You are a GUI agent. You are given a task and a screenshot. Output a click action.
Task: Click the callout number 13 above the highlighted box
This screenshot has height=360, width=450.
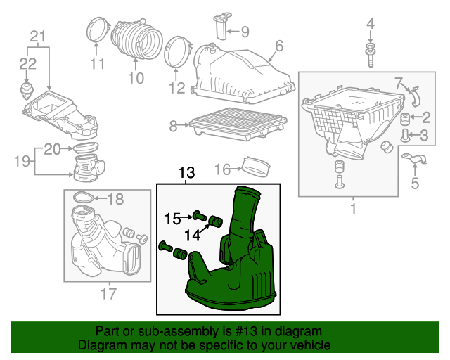coord(186,173)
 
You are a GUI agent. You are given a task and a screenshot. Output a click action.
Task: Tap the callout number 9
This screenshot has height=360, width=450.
coord(245,32)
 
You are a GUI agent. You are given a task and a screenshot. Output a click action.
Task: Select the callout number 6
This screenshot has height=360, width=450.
coord(278,46)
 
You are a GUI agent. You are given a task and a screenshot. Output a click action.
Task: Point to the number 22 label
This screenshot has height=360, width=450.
coord(28,64)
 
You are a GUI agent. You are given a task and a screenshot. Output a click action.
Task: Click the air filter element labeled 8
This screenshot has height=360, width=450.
coord(238,124)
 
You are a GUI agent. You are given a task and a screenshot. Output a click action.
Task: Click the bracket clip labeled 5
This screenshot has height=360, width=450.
coord(414,159)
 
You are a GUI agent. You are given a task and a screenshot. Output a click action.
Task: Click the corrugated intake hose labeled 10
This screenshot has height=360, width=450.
coord(137,38)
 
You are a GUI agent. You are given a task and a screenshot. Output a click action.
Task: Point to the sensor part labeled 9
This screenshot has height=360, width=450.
coord(221,26)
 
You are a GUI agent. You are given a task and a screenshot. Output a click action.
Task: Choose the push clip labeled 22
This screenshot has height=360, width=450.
coord(27,90)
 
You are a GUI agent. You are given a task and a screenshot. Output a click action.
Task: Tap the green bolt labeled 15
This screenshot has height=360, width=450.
coord(199,215)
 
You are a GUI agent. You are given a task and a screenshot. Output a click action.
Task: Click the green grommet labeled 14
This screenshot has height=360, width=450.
coord(215,221)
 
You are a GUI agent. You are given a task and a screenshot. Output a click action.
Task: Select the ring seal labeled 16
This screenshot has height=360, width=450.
coord(256,167)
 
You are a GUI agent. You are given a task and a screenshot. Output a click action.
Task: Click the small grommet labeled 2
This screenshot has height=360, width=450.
coord(405,119)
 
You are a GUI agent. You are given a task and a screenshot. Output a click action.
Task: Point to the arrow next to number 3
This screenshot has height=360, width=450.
coord(414,135)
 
